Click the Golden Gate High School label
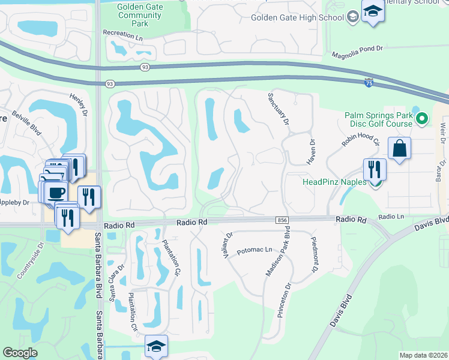[297, 17]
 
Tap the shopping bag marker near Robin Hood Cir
[399, 148]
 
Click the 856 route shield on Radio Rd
[282, 221]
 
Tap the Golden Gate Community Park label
[141, 14]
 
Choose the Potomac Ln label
[255, 250]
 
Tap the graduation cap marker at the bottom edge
[156, 346]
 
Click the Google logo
[20, 353]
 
